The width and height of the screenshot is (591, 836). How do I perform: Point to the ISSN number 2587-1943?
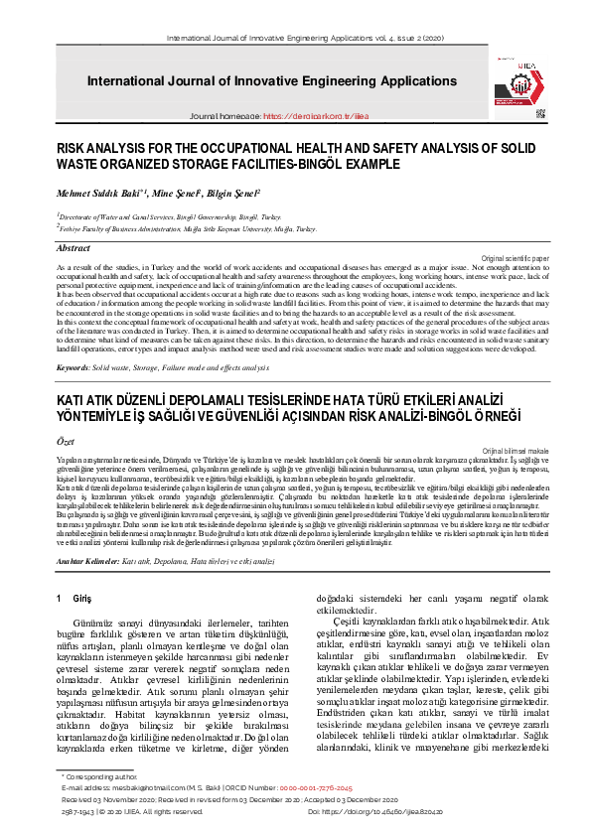point(78,811)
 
